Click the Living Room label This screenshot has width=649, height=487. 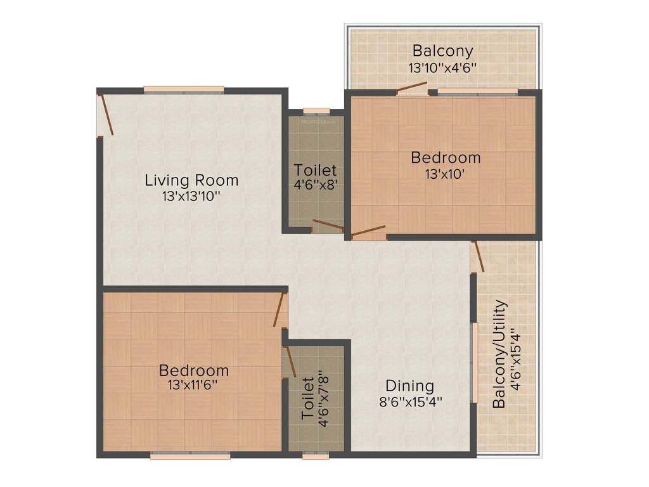(x=191, y=180)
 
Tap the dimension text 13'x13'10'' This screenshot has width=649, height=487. (x=191, y=197)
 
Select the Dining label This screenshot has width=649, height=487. (x=410, y=386)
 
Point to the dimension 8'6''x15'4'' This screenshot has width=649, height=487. (x=410, y=401)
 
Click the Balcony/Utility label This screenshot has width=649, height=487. (x=500, y=354)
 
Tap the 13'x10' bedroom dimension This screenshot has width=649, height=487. (x=446, y=173)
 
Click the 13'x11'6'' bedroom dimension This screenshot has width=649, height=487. (x=194, y=386)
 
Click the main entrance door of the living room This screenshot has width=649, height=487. (x=105, y=115)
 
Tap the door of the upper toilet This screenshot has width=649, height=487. (x=328, y=225)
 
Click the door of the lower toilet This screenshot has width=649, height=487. (x=290, y=361)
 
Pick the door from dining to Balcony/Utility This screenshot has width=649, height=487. (x=477, y=256)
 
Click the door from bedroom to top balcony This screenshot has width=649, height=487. (x=411, y=88)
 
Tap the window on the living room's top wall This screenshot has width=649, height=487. (x=183, y=90)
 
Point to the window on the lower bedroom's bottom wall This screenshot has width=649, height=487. (x=190, y=455)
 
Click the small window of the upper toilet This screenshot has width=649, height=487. (x=316, y=112)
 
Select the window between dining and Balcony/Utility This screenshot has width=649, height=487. (x=474, y=363)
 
